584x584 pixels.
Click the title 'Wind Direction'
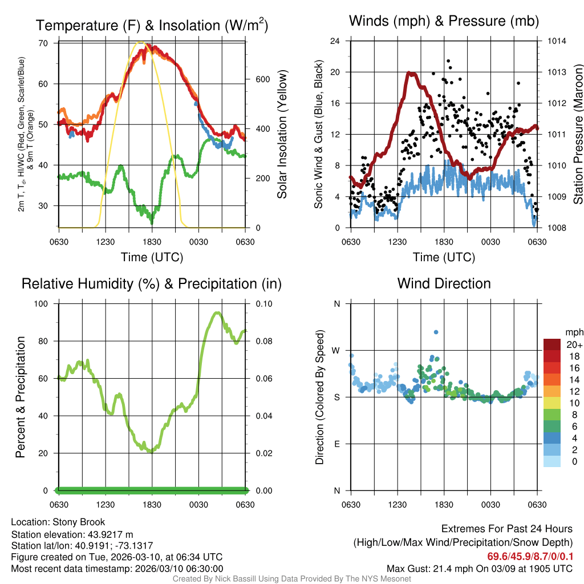tap(444, 283)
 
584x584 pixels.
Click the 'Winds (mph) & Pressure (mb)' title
tap(444, 22)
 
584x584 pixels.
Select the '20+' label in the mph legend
tap(574, 344)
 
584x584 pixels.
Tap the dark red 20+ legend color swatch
tap(553, 344)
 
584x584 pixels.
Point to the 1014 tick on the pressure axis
tap(555, 41)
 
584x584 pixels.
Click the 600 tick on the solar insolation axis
tap(262, 79)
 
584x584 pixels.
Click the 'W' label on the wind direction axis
tap(336, 350)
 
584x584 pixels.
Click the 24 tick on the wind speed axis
tap(336, 41)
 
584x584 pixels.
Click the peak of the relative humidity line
tap(217, 313)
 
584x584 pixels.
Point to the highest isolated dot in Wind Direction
tap(436, 332)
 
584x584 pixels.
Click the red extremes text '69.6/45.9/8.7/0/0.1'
tap(530, 556)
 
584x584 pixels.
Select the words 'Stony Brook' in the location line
tap(79, 522)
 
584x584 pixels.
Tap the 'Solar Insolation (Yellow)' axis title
tap(282, 134)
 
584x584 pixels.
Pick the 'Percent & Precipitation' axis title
tap(21, 397)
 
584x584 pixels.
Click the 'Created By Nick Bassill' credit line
tap(291, 579)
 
